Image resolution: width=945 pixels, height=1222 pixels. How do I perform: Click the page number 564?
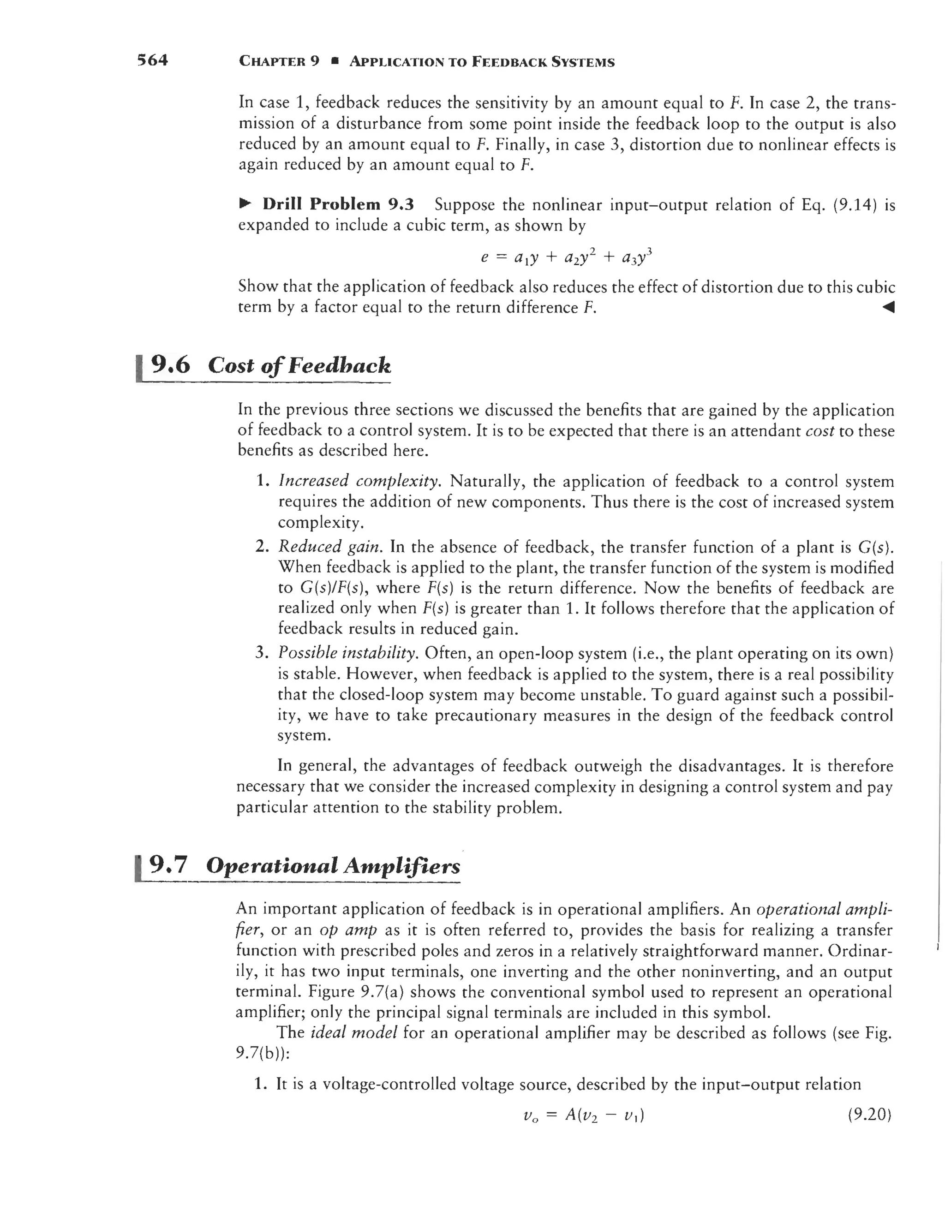(x=153, y=60)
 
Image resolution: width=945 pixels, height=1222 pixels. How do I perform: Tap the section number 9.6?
(x=170, y=365)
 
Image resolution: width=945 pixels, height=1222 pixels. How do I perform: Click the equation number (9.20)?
(x=869, y=1115)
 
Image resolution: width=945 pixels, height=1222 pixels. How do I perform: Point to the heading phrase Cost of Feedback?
(x=299, y=365)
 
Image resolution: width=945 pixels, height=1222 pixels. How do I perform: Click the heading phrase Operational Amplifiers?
(x=333, y=865)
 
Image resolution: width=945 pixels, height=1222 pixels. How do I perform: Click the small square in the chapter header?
(x=334, y=61)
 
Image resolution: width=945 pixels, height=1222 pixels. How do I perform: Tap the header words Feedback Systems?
(x=543, y=61)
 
